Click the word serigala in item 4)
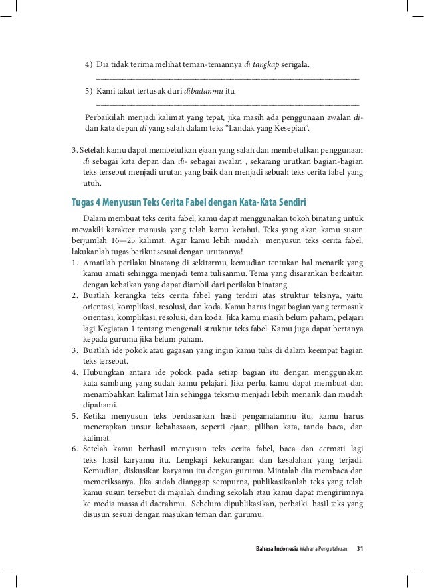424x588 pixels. [296, 65]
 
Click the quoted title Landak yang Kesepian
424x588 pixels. [261, 127]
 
